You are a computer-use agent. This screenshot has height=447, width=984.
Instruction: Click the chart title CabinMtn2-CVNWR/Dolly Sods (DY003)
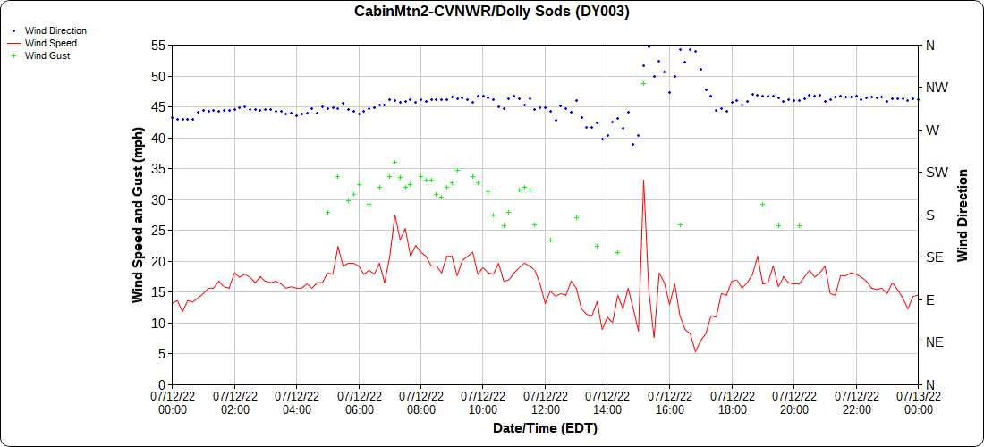point(492,12)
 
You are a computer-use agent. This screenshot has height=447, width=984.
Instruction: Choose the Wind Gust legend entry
point(47,55)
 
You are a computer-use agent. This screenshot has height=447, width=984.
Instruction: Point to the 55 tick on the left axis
point(159,46)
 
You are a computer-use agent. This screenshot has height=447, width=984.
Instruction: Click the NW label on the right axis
point(936,88)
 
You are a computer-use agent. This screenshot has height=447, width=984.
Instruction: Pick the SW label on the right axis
point(936,173)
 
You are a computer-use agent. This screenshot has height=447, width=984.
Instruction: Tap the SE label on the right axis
point(934,257)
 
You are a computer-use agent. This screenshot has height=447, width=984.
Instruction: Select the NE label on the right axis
point(934,342)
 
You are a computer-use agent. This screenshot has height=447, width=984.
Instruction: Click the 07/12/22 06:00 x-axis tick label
point(359,402)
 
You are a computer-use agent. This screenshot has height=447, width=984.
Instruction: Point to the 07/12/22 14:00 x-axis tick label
point(607,402)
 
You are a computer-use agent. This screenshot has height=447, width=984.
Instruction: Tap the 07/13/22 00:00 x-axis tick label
point(919,402)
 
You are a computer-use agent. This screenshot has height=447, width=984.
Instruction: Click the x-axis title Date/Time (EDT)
point(545,428)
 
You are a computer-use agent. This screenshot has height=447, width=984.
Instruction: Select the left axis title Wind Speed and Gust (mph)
point(138,215)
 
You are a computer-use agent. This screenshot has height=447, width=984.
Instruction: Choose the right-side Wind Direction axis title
point(963,215)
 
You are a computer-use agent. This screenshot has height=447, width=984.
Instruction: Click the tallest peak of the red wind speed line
point(643,181)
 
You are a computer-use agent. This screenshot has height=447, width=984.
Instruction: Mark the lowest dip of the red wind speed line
point(695,351)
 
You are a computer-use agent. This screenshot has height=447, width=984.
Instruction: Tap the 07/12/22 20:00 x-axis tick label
point(794,402)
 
